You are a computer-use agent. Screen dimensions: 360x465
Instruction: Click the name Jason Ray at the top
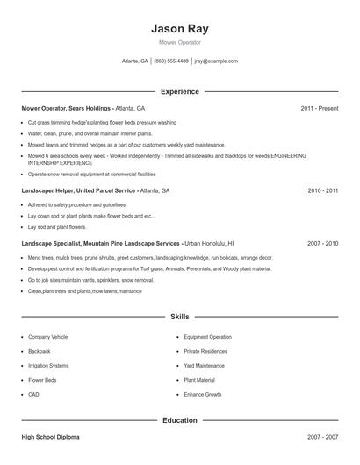(x=179, y=28)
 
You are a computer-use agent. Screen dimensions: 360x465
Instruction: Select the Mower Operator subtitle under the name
(x=179, y=42)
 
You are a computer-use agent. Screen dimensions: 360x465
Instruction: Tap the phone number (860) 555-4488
(x=171, y=61)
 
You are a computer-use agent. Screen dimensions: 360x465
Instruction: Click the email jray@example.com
(x=216, y=61)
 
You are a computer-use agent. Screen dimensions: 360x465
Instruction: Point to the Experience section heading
(x=179, y=91)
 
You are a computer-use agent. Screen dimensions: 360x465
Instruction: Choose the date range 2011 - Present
(x=320, y=109)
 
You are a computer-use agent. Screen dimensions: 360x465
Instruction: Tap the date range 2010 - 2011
(x=322, y=190)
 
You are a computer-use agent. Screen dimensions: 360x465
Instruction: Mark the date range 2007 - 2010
(x=322, y=243)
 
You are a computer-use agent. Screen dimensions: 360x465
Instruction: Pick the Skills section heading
(x=179, y=316)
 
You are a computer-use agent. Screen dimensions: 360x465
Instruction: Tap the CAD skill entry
(x=34, y=395)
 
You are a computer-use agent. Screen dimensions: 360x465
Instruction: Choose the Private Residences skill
(x=205, y=351)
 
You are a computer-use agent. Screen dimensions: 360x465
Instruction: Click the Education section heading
(x=179, y=420)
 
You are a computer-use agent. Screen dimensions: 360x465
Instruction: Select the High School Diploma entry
(x=52, y=436)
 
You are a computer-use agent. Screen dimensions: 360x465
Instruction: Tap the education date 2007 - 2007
(x=322, y=436)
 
